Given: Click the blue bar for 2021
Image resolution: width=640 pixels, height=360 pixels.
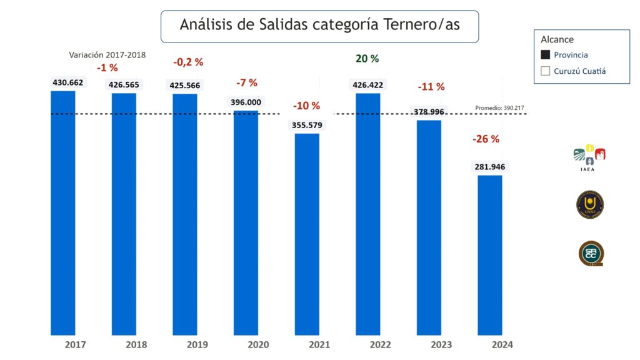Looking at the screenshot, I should [x=307, y=234].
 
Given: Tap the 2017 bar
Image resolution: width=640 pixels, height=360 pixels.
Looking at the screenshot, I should [x=62, y=212].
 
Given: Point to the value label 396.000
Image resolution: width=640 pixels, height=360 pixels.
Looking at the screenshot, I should [x=246, y=102].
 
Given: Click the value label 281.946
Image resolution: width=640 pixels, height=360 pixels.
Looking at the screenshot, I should [x=490, y=167].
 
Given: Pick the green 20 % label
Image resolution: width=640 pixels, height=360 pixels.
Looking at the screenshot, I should [x=367, y=59].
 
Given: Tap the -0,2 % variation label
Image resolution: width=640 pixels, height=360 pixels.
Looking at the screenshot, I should [x=188, y=62].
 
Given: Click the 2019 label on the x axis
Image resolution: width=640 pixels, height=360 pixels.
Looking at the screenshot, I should [x=197, y=344].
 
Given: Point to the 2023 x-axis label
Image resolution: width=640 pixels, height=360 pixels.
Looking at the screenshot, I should [x=442, y=344].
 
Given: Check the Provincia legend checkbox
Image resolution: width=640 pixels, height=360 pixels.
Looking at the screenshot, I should [x=546, y=55].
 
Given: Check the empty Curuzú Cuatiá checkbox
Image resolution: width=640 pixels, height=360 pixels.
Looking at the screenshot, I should [x=546, y=71].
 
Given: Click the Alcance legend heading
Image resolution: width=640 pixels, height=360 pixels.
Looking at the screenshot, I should [x=557, y=39].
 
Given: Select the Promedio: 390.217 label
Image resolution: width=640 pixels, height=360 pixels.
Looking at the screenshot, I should [x=500, y=108].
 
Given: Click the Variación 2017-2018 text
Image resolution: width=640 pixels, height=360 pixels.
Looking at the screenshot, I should [x=107, y=55].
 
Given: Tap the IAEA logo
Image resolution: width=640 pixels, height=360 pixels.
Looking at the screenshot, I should [x=589, y=156].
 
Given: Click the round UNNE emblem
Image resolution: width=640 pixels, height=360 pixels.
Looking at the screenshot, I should [x=589, y=205].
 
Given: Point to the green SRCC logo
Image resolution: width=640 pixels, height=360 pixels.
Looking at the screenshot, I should [x=591, y=254].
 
